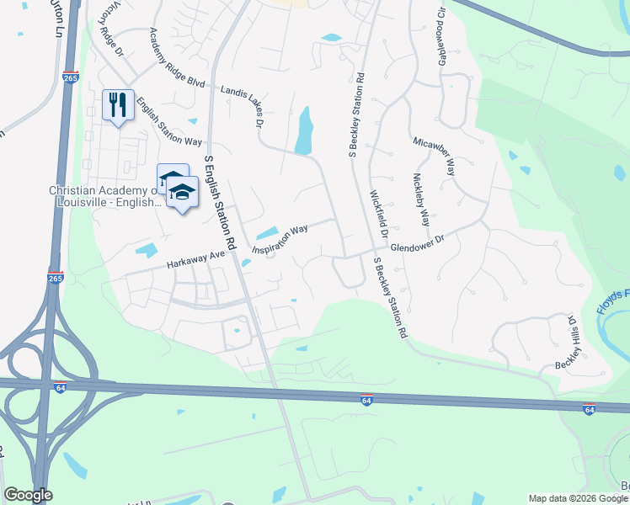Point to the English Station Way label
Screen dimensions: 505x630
point(169,120)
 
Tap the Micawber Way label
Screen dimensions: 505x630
point(435,157)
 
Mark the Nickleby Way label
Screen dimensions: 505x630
point(420,200)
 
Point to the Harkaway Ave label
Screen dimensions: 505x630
point(195,258)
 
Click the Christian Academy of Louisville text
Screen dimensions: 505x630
point(105,197)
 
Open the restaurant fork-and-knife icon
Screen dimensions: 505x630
point(118,105)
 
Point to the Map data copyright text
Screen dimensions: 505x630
point(578,498)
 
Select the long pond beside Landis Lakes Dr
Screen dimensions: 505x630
point(304,131)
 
